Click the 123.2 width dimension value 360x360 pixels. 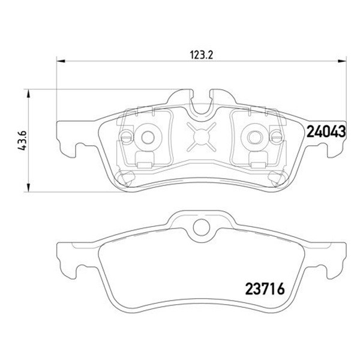(x=202, y=55)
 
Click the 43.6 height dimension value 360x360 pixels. (x=22, y=140)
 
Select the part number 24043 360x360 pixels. (x=326, y=131)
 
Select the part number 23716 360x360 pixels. (x=265, y=289)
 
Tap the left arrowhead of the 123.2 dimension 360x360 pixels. (x=61, y=61)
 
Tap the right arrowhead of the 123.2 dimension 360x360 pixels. (x=341, y=61)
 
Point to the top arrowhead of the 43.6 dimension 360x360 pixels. (x=28, y=94)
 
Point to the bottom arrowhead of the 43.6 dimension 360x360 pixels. (x=28, y=187)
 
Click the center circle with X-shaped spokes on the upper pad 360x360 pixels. (x=202, y=137)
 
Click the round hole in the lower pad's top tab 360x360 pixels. (x=202, y=227)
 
